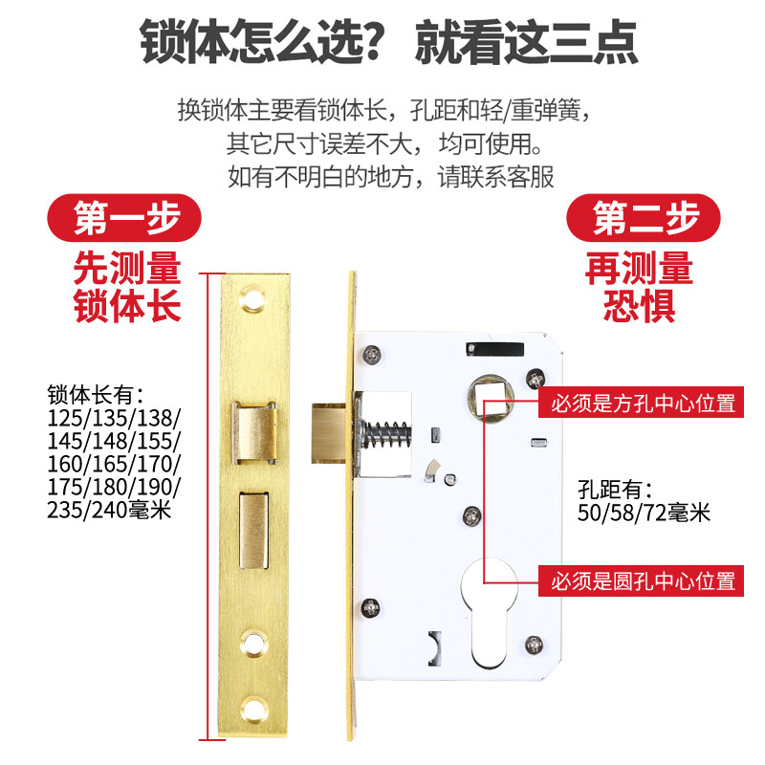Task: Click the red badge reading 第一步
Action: pos(126,219)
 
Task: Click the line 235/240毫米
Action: pos(108,510)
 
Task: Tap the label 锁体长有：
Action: pos(95,394)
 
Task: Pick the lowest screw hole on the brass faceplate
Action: pos(255,710)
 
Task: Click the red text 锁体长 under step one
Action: pos(127,307)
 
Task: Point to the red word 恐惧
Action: pos(640,306)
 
